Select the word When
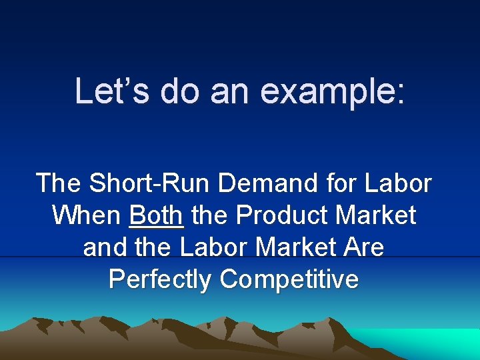(x=87, y=215)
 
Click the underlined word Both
(x=156, y=215)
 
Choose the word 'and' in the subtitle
(x=103, y=247)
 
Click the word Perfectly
(x=160, y=279)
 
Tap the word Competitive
(x=289, y=279)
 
